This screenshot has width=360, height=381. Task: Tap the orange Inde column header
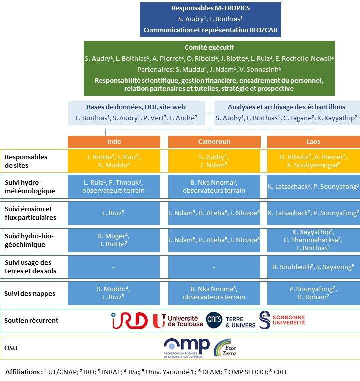coord(114,141)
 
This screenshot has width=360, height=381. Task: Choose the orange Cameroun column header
coord(213,141)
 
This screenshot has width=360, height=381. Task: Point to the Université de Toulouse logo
coord(178,320)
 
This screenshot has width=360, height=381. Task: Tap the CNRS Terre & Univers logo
coord(231,320)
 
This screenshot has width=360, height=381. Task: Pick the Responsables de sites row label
coord(26,161)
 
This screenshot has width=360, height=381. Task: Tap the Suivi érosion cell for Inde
coord(114,213)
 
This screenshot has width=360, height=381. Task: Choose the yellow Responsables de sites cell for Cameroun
coord(213,161)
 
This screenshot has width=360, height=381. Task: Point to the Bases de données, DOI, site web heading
coord(136,107)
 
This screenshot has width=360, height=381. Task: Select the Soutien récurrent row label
coord(31,320)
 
